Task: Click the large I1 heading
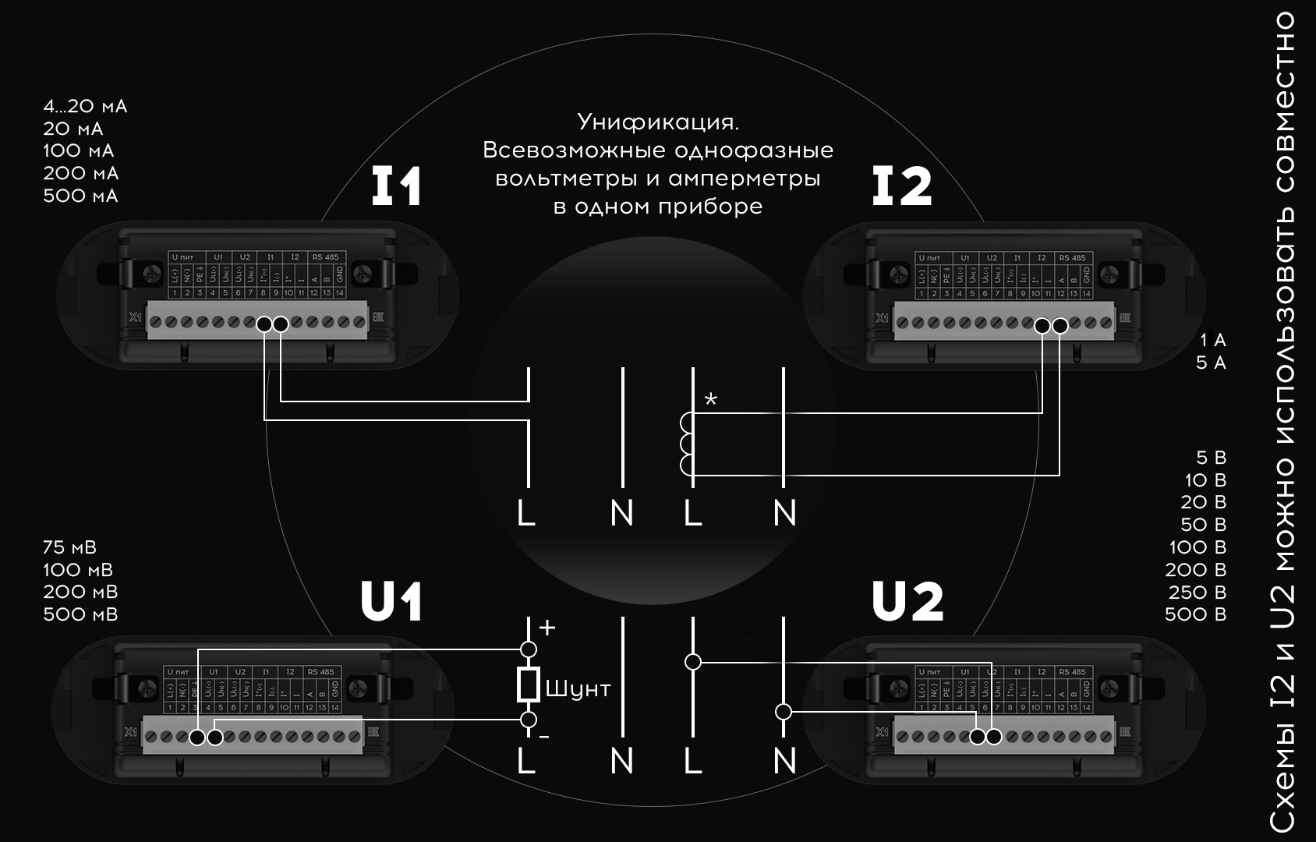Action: point(396,186)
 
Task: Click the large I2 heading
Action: point(901,186)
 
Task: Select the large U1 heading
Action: point(391,602)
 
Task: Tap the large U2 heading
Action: point(907,602)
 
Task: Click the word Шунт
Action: point(578,689)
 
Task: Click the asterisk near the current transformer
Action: point(710,401)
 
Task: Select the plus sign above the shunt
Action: point(547,628)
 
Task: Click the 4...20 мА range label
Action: point(85,106)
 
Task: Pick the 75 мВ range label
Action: point(70,547)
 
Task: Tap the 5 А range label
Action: point(1211,363)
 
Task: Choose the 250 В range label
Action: point(1197,593)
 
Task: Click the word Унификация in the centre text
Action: point(657,122)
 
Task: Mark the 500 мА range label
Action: point(80,196)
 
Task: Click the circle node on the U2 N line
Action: point(784,712)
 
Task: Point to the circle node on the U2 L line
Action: point(692,662)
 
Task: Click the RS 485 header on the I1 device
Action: point(325,257)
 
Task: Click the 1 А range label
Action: point(1213,340)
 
